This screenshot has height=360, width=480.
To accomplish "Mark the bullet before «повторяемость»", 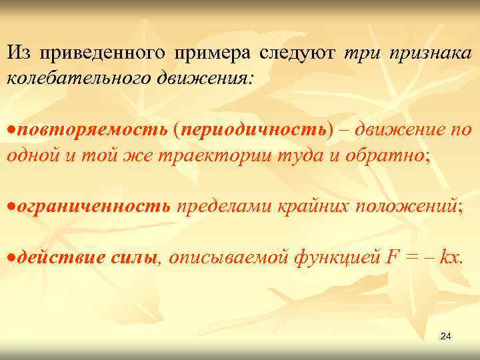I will tap(11, 129).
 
